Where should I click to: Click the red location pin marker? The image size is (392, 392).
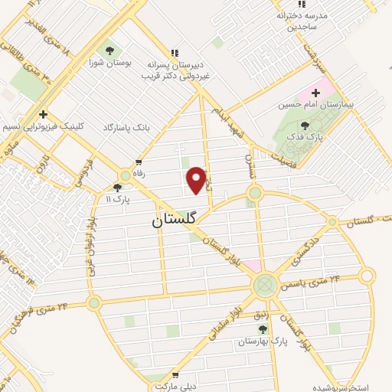click(x=197, y=180)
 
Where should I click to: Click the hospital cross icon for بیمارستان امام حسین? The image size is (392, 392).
click(x=316, y=92)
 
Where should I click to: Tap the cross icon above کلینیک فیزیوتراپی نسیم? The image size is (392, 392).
click(x=44, y=114)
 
